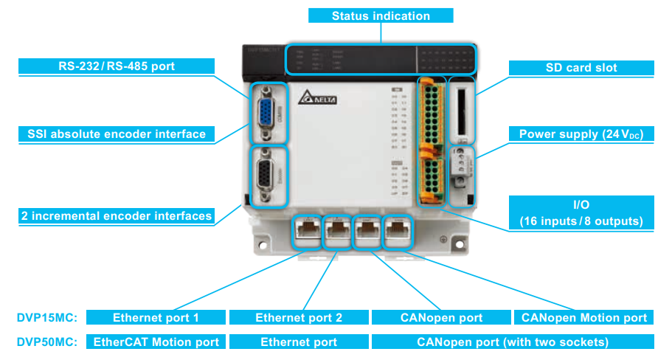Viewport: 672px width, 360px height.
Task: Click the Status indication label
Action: coord(380,15)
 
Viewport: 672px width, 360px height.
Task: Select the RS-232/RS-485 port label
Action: coord(117,67)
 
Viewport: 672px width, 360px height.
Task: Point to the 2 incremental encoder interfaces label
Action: coord(117,216)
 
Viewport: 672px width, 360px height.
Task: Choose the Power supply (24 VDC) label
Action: coord(581,134)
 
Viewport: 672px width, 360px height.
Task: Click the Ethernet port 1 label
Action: coord(156,318)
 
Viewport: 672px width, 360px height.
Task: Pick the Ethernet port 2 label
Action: coord(298,318)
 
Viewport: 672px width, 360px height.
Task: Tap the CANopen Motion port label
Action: coord(583,318)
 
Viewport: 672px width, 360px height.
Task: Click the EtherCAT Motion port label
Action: coord(156,342)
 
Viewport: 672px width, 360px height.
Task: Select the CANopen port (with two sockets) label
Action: coord(513,342)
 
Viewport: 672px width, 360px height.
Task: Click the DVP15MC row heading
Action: coord(44,318)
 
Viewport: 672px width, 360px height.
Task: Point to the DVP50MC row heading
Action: coord(44,342)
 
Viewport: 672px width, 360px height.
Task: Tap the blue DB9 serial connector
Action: coord(266,114)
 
